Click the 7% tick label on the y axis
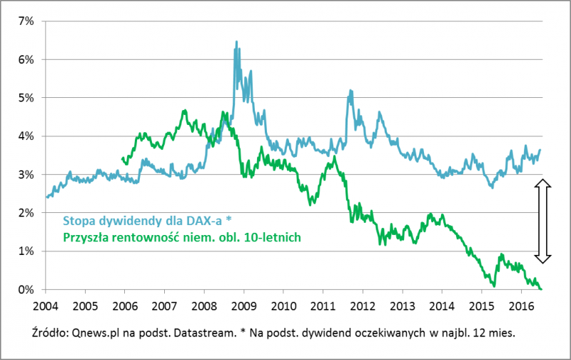26,21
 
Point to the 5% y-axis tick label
26,97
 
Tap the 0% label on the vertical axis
26,289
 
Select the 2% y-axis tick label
26,213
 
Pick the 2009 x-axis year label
243,304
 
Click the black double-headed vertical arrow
542,221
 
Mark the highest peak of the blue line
236,42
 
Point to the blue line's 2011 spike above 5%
350,91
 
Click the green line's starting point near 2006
123,159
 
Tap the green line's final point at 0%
541,289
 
